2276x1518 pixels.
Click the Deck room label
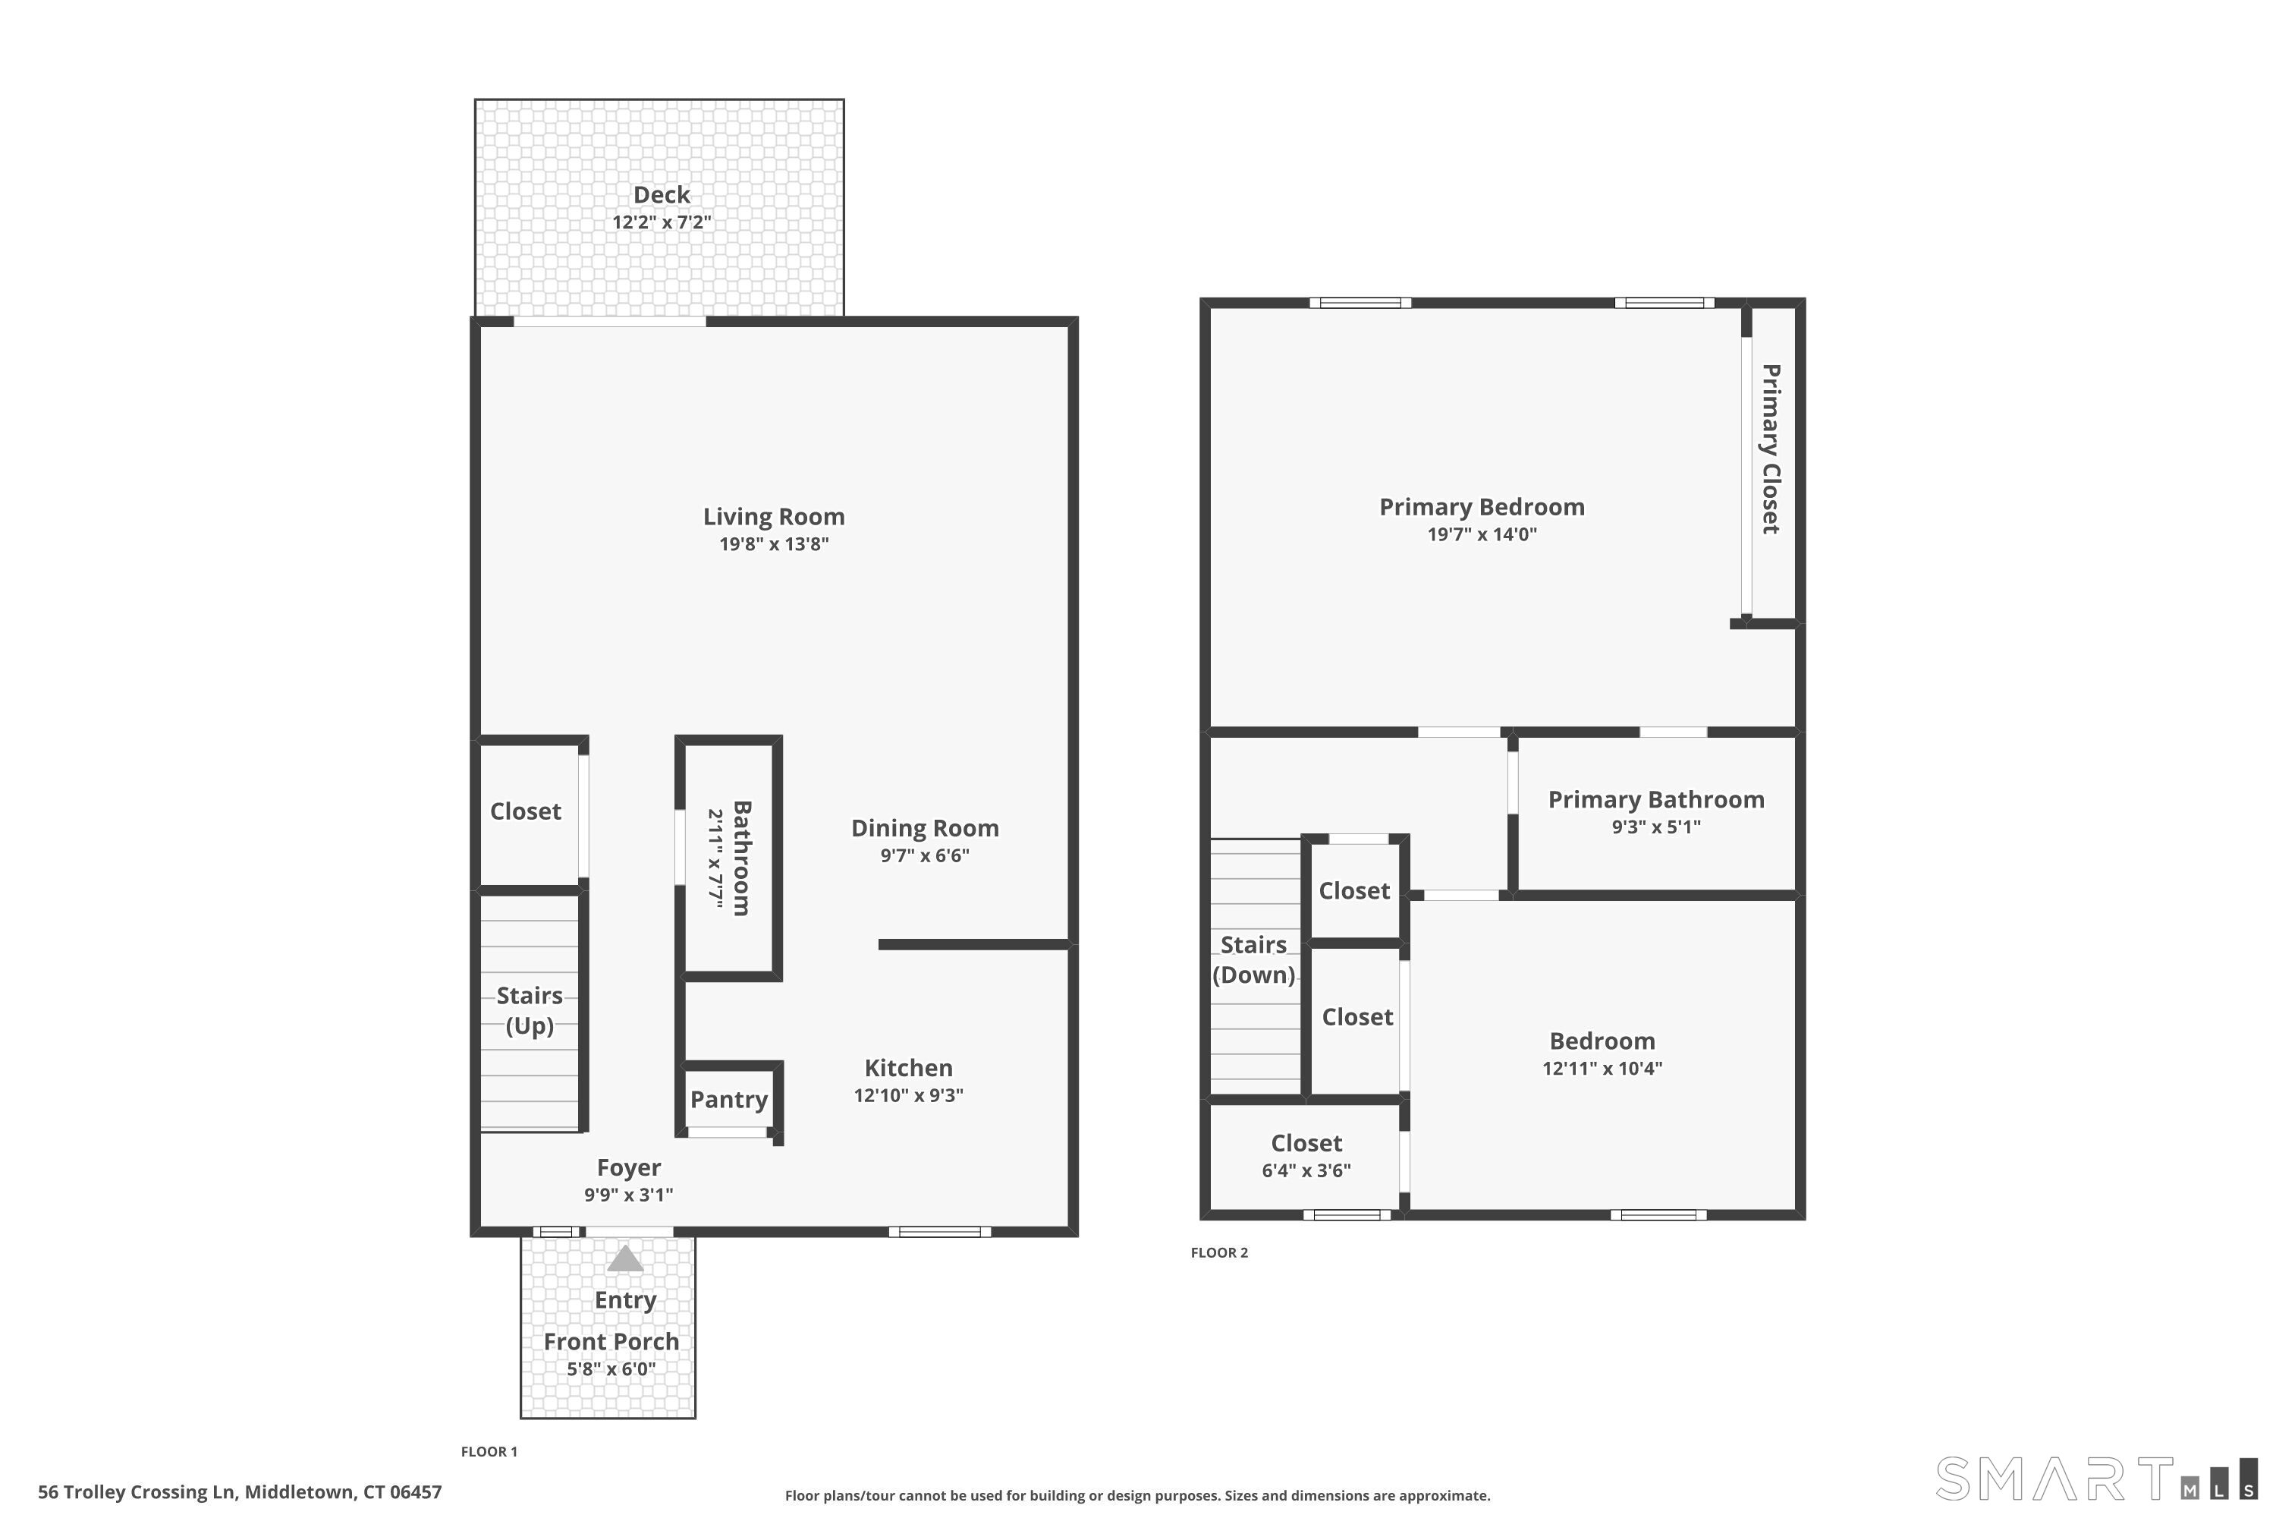tap(662, 194)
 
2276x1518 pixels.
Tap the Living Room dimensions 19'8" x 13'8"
tap(774, 544)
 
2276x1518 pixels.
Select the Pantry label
tap(728, 1100)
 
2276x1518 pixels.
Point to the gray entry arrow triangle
tap(625, 1258)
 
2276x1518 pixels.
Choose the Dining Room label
tap(925, 829)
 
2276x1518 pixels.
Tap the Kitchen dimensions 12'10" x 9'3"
tap(909, 1096)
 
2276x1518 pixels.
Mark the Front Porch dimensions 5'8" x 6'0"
tap(611, 1370)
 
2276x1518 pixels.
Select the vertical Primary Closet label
tap(1771, 449)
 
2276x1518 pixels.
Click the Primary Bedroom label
tap(1482, 507)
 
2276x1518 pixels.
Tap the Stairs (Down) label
tap(1253, 959)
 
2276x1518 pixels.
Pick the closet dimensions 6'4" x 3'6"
tap(1306, 1170)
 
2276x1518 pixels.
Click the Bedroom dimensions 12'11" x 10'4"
tap(1602, 1069)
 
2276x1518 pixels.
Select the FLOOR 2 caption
tap(1219, 1253)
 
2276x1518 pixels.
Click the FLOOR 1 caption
tap(489, 1451)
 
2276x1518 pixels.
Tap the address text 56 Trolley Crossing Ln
tap(137, 1492)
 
